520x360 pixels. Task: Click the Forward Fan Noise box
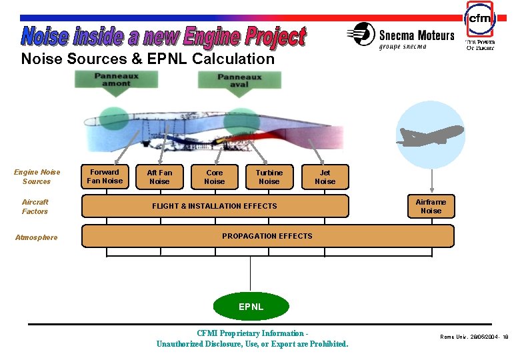pos(105,177)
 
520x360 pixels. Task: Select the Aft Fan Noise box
pos(159,177)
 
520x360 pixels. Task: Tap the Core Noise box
pos(214,177)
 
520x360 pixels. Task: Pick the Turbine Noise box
pos(269,177)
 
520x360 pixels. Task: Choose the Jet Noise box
pos(325,177)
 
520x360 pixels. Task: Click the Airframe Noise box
pos(431,206)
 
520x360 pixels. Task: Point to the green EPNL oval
pos(251,307)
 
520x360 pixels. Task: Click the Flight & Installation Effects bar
pos(215,206)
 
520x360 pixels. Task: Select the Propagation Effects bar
pos(267,236)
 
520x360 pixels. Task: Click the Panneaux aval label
pos(239,80)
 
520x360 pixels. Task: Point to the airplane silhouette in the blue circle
pos(429,135)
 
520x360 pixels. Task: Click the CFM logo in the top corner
pos(479,21)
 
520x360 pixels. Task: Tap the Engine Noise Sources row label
pos(37,177)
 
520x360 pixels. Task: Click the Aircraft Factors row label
pos(35,207)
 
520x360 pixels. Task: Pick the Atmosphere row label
pos(36,237)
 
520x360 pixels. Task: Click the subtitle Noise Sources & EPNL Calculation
pos(147,59)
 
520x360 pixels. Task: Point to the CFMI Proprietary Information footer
pos(252,339)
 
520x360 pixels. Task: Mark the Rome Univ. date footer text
pos(474,337)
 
